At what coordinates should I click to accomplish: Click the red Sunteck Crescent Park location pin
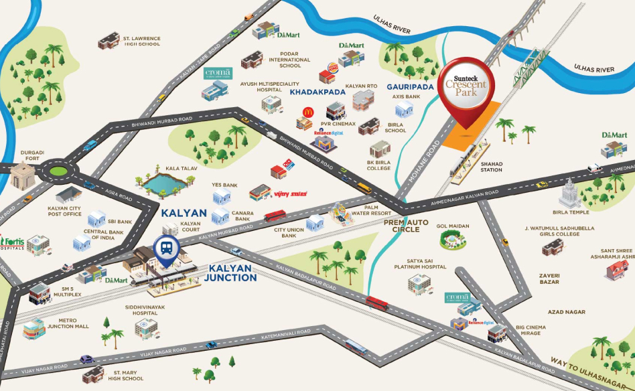(x=470, y=86)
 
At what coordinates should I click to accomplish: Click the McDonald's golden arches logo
(x=308, y=112)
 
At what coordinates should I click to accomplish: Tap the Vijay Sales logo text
(x=291, y=193)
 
